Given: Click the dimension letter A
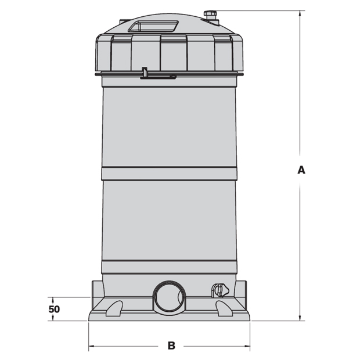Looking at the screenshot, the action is point(301,170).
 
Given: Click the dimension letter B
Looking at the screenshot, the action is point(171,345).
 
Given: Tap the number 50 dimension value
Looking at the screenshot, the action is point(54,309).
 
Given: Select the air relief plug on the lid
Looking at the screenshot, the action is point(211,16).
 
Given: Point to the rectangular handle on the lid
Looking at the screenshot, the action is point(153,26).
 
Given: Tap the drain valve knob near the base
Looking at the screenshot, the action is point(221,291).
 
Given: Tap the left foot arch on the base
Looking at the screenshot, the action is point(114,308).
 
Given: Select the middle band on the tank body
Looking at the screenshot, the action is point(169,174).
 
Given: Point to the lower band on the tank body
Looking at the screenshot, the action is point(169,267).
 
